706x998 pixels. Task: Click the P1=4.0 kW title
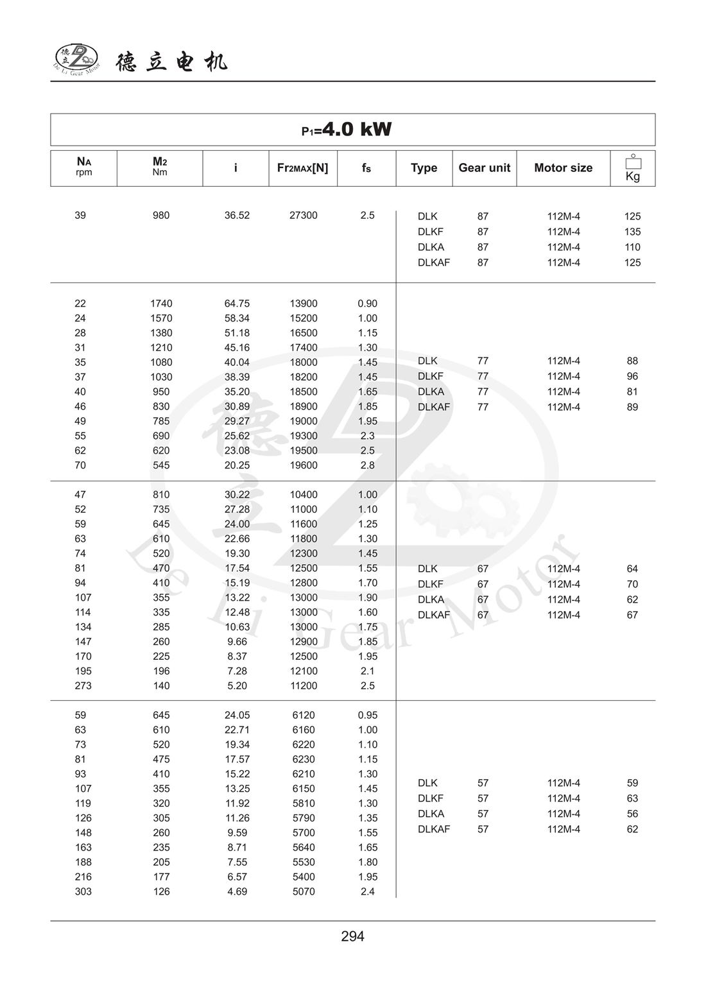[x=347, y=130]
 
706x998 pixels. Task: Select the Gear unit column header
[x=484, y=168]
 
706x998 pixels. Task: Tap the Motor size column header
[x=563, y=168]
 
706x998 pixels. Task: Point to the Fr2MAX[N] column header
[x=302, y=168]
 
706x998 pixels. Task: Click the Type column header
[x=424, y=168]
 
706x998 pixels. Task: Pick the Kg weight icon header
[x=632, y=168]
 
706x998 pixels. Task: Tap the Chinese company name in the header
[x=172, y=62]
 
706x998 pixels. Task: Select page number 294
[x=352, y=936]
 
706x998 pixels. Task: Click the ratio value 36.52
[x=237, y=216]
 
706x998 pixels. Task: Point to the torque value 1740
[x=161, y=304]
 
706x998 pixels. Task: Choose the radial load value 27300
[x=303, y=216]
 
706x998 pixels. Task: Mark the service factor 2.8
[x=367, y=465]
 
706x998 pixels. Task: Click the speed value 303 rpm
[x=83, y=891]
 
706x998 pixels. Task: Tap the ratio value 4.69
[x=237, y=891]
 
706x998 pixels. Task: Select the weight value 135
[x=632, y=232]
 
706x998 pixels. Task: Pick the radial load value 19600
[x=303, y=465]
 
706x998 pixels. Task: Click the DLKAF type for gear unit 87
[x=434, y=262]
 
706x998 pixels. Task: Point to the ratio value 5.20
[x=237, y=685]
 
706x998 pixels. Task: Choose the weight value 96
[x=632, y=376]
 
